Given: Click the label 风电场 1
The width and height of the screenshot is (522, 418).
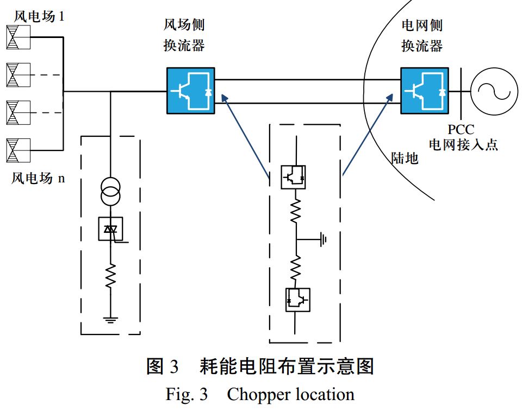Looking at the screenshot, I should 39,16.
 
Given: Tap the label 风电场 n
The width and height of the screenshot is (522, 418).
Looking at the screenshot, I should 38,178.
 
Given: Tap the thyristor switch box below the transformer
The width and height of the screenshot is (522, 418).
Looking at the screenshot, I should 110,229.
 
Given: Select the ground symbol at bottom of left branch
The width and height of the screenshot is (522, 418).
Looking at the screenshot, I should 110,319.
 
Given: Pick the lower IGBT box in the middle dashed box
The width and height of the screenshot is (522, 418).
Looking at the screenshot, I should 297,300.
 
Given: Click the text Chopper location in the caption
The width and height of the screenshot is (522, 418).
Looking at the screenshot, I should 290,394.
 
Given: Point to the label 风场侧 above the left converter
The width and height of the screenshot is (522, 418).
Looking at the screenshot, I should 184,25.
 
